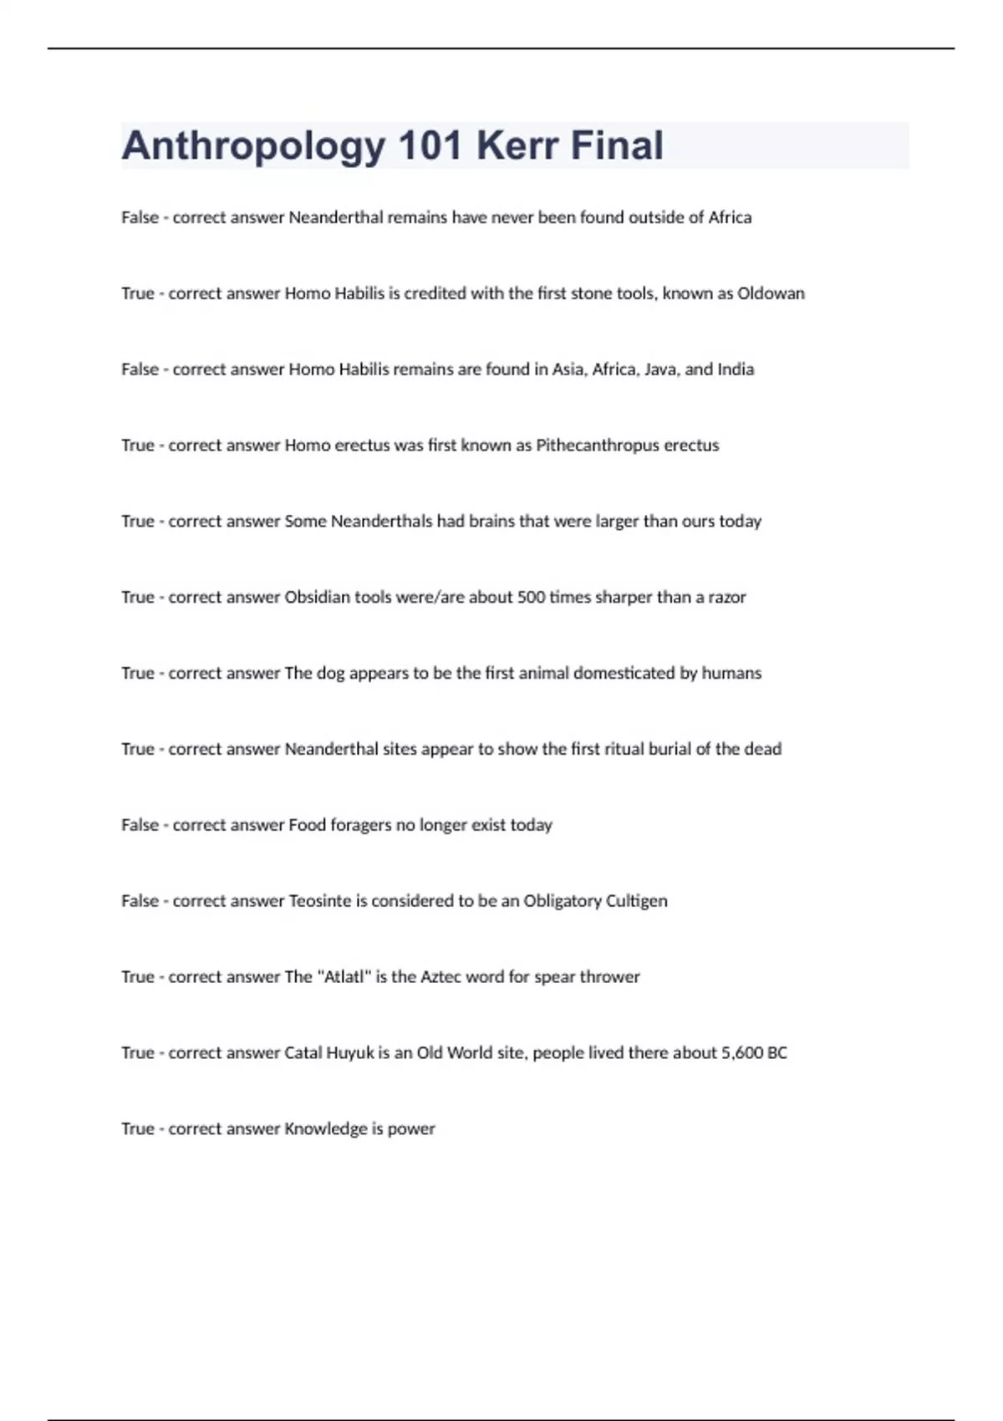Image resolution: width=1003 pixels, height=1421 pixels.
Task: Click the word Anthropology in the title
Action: pos(253,146)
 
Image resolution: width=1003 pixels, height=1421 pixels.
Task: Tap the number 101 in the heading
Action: pos(430,146)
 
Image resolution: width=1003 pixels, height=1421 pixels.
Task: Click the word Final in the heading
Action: pos(618,146)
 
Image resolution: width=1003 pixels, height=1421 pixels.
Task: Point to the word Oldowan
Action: pos(771,293)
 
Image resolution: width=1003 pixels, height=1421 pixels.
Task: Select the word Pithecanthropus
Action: pos(597,446)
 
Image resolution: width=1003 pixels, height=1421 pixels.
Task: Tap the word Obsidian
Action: pos(318,597)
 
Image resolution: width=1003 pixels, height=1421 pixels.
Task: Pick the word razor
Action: pos(727,597)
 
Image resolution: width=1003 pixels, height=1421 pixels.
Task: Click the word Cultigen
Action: pos(636,901)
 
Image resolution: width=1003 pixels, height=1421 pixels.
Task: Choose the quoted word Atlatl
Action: pos(342,977)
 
